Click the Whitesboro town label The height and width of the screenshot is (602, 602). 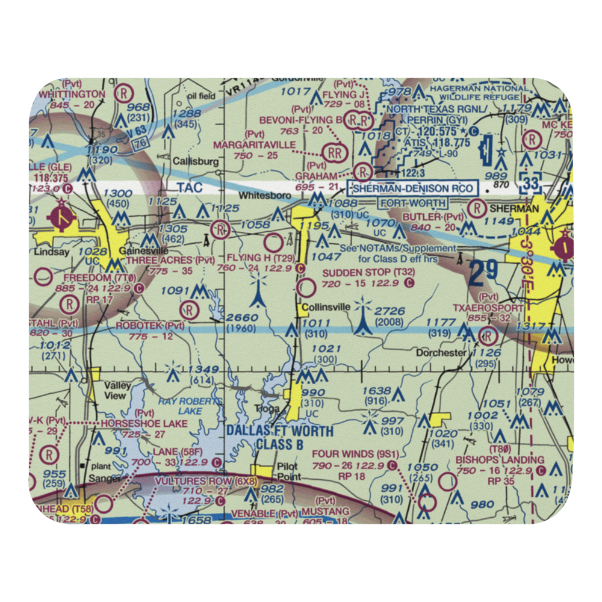click(260, 196)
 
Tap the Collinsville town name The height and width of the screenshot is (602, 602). click(326, 306)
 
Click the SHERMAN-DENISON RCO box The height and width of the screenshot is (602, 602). click(414, 188)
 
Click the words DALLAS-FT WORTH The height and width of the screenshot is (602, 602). click(279, 432)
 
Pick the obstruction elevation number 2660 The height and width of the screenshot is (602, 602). click(243, 318)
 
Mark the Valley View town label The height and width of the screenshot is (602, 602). click(115, 391)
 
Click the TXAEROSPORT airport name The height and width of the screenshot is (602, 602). click(491, 307)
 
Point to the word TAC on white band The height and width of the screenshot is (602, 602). click(190, 188)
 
